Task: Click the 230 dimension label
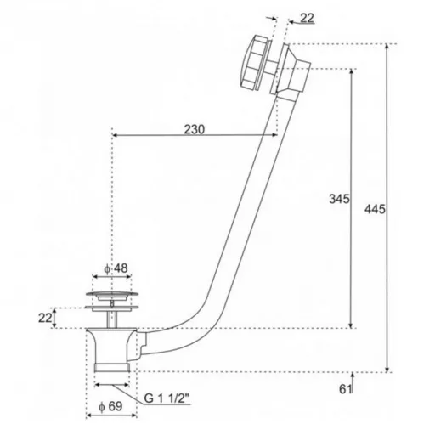click(x=195, y=129)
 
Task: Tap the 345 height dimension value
click(x=339, y=199)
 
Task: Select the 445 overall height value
click(x=375, y=209)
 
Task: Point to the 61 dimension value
click(x=345, y=389)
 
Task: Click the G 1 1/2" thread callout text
click(x=167, y=398)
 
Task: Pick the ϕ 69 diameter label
click(x=110, y=407)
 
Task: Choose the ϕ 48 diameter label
click(x=116, y=268)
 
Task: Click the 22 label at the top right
click(x=307, y=18)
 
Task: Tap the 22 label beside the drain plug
click(x=45, y=318)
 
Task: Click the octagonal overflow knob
click(x=253, y=62)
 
